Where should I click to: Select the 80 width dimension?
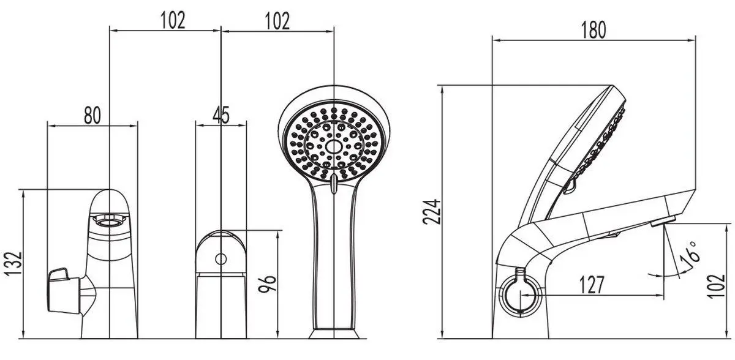pyautogui.click(x=92, y=114)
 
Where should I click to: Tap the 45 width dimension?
pyautogui.click(x=222, y=114)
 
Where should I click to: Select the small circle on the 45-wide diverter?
pyautogui.click(x=221, y=260)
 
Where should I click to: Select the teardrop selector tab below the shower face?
pyautogui.click(x=334, y=184)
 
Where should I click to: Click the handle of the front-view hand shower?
pyautogui.click(x=334, y=257)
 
